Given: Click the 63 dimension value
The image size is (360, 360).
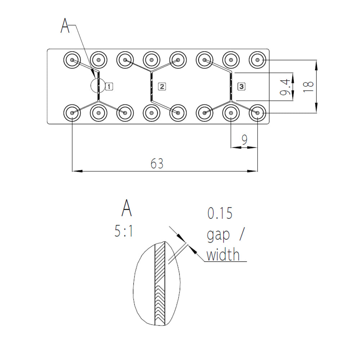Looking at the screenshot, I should coord(157,164).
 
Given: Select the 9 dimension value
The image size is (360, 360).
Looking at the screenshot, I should coord(244,140).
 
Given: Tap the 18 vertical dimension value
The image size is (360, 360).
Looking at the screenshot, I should coord(309,86).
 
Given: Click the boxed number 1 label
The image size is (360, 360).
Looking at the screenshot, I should coord(109,86).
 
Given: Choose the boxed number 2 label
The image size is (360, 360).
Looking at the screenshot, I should coord(162,86).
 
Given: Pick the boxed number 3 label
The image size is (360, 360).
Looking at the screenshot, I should coord(241,86).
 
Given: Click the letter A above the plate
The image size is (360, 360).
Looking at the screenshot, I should coord(65,26).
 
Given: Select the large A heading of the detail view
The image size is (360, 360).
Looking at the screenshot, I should coord(126,208).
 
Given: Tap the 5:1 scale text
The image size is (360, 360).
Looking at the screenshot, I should coord(124,231).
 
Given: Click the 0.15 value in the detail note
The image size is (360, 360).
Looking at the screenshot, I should coord(220,213).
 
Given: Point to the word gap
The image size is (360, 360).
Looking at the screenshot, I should coord(218,235).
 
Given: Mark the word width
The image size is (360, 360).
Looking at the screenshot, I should coord(223,255).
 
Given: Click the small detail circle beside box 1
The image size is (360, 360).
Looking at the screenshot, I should coord(98,85).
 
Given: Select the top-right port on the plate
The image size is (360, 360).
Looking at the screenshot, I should coord(258,60).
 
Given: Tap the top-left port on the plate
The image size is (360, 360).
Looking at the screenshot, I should coord(72,60).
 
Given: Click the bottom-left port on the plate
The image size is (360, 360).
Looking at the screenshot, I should coord(72,113).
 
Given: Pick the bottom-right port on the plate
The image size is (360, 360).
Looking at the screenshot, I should coord(258,113).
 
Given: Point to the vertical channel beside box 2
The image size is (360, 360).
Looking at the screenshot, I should coord(152,86).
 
